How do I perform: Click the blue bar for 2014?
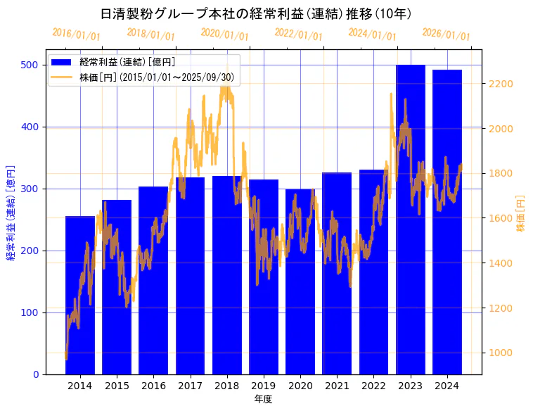pyautogui.click(x=80, y=296)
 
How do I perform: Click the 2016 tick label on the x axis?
pyautogui.click(x=153, y=386)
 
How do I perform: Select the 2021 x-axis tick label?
pyautogui.click(x=337, y=386)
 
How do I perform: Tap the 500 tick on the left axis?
pyautogui.click(x=29, y=65)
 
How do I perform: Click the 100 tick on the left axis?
pyautogui.click(x=29, y=312)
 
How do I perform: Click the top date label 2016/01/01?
pyautogui.click(x=76, y=34)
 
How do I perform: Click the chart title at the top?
pyautogui.click(x=256, y=13)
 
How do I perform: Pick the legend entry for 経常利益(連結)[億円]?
pyautogui.click(x=127, y=63)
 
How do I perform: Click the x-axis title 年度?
pyautogui.click(x=264, y=399)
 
